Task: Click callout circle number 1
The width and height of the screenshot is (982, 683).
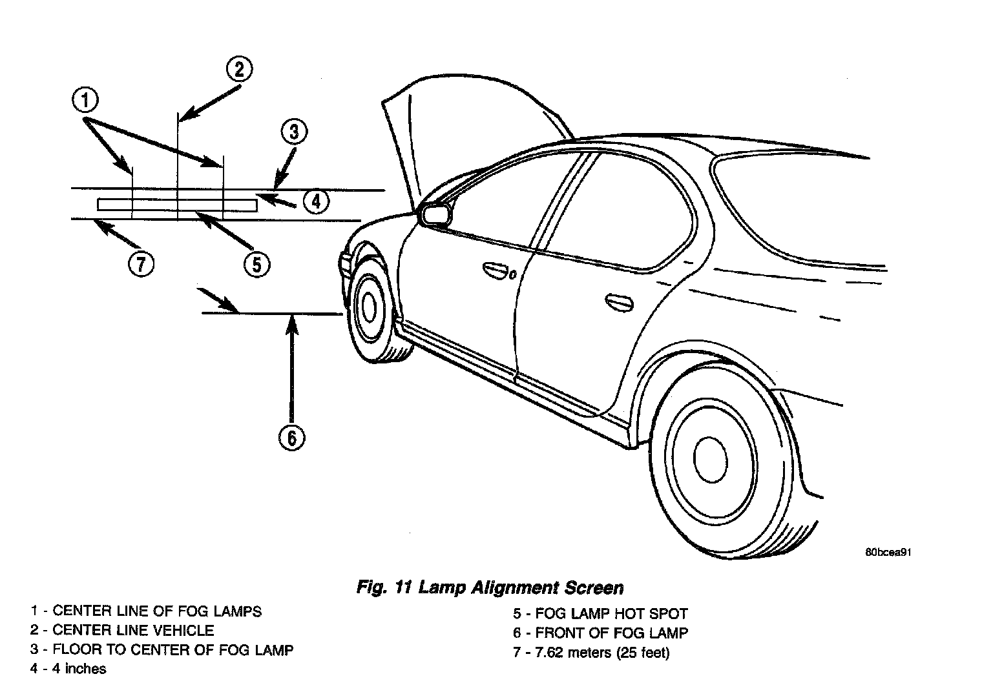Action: click(85, 101)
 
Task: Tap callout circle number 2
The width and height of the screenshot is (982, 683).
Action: click(238, 68)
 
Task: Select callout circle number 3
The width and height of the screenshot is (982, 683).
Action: click(294, 132)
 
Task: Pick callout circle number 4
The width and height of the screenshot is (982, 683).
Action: click(315, 201)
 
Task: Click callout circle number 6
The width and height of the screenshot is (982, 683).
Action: click(291, 438)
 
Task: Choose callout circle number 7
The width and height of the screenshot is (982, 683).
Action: click(140, 263)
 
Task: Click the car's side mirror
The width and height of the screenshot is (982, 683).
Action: click(435, 214)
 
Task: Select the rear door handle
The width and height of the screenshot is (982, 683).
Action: click(620, 301)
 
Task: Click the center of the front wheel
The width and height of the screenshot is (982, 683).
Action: click(369, 307)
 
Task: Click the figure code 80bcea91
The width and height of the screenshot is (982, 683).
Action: click(888, 553)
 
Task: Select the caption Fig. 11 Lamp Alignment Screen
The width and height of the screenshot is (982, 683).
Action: click(490, 587)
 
